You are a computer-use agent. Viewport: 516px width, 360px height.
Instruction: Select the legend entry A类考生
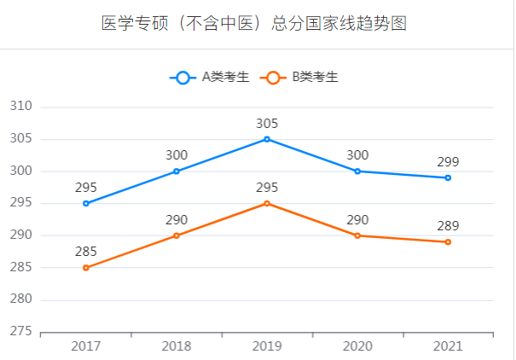(x=210, y=77)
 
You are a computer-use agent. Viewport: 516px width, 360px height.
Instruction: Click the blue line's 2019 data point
(x=267, y=139)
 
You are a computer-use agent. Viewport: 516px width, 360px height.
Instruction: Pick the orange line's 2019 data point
(x=267, y=203)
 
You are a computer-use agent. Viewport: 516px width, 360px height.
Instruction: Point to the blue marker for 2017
(x=86, y=203)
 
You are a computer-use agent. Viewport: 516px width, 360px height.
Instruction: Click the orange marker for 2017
(x=86, y=268)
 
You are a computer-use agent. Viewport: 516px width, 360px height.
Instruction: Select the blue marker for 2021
(x=448, y=177)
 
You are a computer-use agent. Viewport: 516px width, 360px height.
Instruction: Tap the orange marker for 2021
(x=448, y=242)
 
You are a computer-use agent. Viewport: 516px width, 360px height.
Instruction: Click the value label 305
(x=267, y=124)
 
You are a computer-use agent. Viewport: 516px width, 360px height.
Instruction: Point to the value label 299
(x=448, y=162)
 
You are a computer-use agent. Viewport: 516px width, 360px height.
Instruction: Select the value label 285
(x=86, y=252)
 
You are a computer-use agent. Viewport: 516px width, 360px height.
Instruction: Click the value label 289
(x=448, y=226)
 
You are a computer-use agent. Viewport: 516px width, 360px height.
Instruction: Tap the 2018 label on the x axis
(x=177, y=346)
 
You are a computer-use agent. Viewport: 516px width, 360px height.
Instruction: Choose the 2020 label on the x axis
(x=357, y=346)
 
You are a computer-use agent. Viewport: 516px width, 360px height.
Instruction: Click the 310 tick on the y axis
(x=20, y=107)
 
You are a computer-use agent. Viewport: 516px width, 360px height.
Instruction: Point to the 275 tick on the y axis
(x=20, y=332)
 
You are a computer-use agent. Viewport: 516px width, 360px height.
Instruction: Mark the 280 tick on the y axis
(x=20, y=299)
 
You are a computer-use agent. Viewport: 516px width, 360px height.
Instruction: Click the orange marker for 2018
(x=177, y=235)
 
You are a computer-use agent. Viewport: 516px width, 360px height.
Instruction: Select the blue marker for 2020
(x=357, y=171)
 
